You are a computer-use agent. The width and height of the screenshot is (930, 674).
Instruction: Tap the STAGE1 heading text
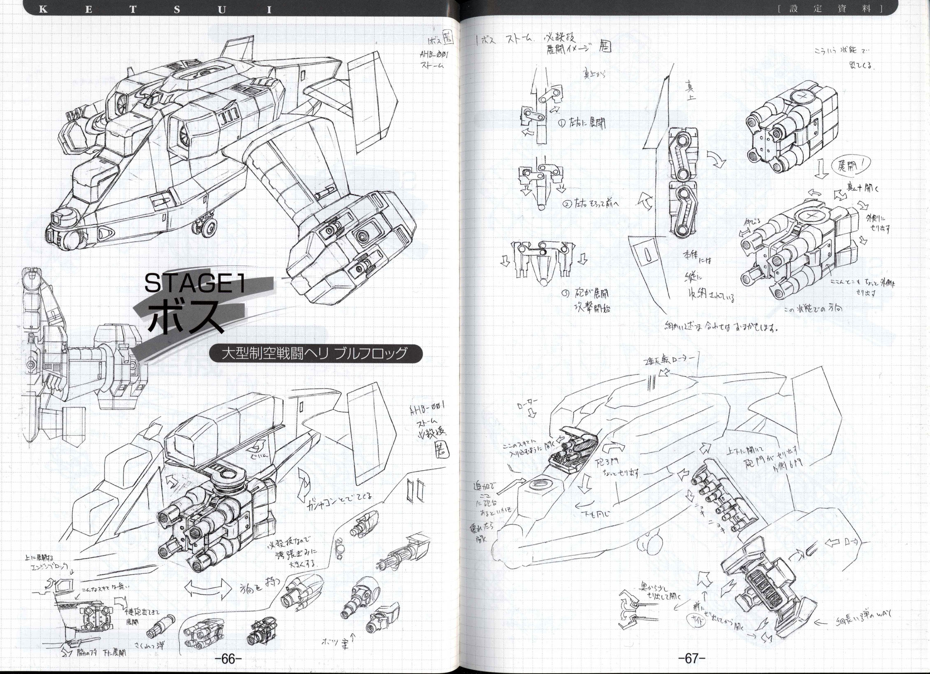click(x=195, y=283)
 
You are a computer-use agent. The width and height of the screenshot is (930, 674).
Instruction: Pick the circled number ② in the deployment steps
click(x=567, y=204)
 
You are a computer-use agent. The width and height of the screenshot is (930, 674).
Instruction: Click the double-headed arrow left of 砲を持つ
click(x=210, y=591)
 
